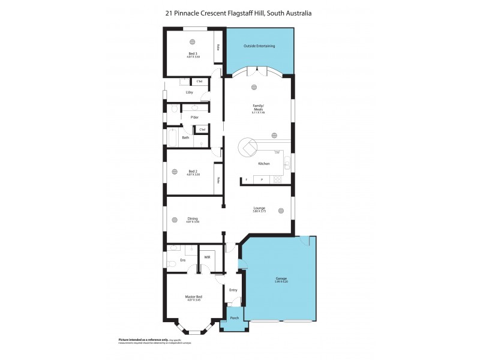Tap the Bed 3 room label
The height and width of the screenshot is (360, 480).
point(192,54)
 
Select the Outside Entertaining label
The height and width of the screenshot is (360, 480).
point(260,46)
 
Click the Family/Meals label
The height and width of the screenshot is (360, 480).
point(258,109)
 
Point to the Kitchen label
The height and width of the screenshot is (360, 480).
point(263,164)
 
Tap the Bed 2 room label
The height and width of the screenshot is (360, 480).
point(192,172)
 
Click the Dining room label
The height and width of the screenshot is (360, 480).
point(193,219)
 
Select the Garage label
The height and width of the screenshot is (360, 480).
point(281,279)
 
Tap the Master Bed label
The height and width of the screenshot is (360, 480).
point(193,296)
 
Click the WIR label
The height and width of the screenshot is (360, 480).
point(206,257)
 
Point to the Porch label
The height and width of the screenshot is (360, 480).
point(235,318)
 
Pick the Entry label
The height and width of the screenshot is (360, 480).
point(233,290)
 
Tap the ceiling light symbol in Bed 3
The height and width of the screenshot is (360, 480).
point(192,41)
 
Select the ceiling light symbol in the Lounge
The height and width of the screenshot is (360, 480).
point(280,211)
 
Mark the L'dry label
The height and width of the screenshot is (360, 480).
point(188,92)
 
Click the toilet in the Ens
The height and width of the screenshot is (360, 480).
point(172,263)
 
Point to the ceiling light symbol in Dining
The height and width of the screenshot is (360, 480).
point(175,220)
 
